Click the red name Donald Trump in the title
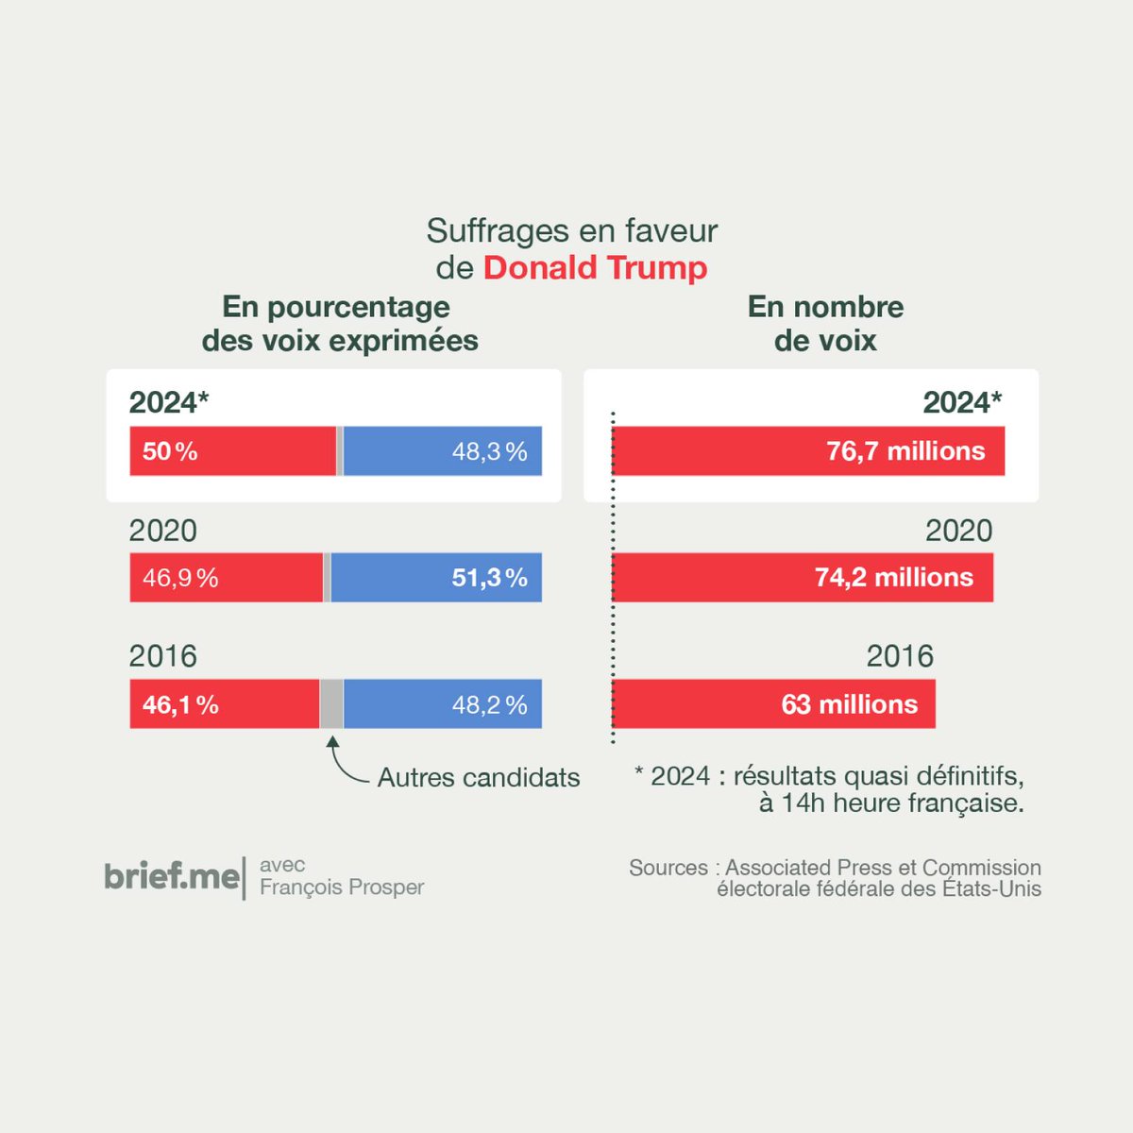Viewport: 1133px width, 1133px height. pos(595,268)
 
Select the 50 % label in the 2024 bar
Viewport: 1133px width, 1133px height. pos(170,451)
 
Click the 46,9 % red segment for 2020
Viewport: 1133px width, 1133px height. pos(227,578)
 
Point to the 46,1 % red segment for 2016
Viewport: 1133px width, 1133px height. pos(225,704)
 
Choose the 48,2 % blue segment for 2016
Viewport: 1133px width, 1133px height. pos(442,704)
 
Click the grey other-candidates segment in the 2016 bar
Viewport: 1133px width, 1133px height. pos(331,704)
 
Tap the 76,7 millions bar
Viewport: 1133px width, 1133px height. pos(808,451)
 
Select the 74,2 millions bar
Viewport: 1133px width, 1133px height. pos(803,578)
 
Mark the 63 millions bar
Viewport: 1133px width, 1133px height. pos(774,704)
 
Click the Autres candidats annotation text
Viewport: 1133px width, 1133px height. pos(479,778)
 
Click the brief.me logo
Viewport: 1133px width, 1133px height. pos(172,876)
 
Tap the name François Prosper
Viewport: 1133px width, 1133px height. pos(342,888)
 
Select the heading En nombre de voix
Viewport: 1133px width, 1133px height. pos(825,323)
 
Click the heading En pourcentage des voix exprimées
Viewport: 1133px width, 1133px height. pos(340,323)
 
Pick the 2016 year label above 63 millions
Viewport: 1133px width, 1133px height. pos(900,656)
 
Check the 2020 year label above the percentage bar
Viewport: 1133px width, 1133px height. pos(163,531)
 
